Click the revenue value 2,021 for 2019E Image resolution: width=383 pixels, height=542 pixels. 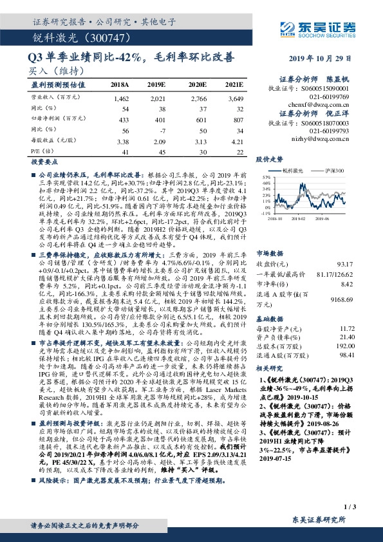coord(158,99)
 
